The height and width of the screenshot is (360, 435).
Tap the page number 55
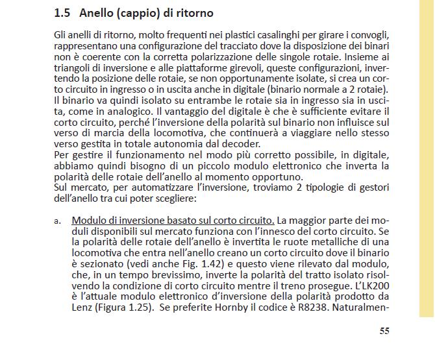point(384,331)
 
